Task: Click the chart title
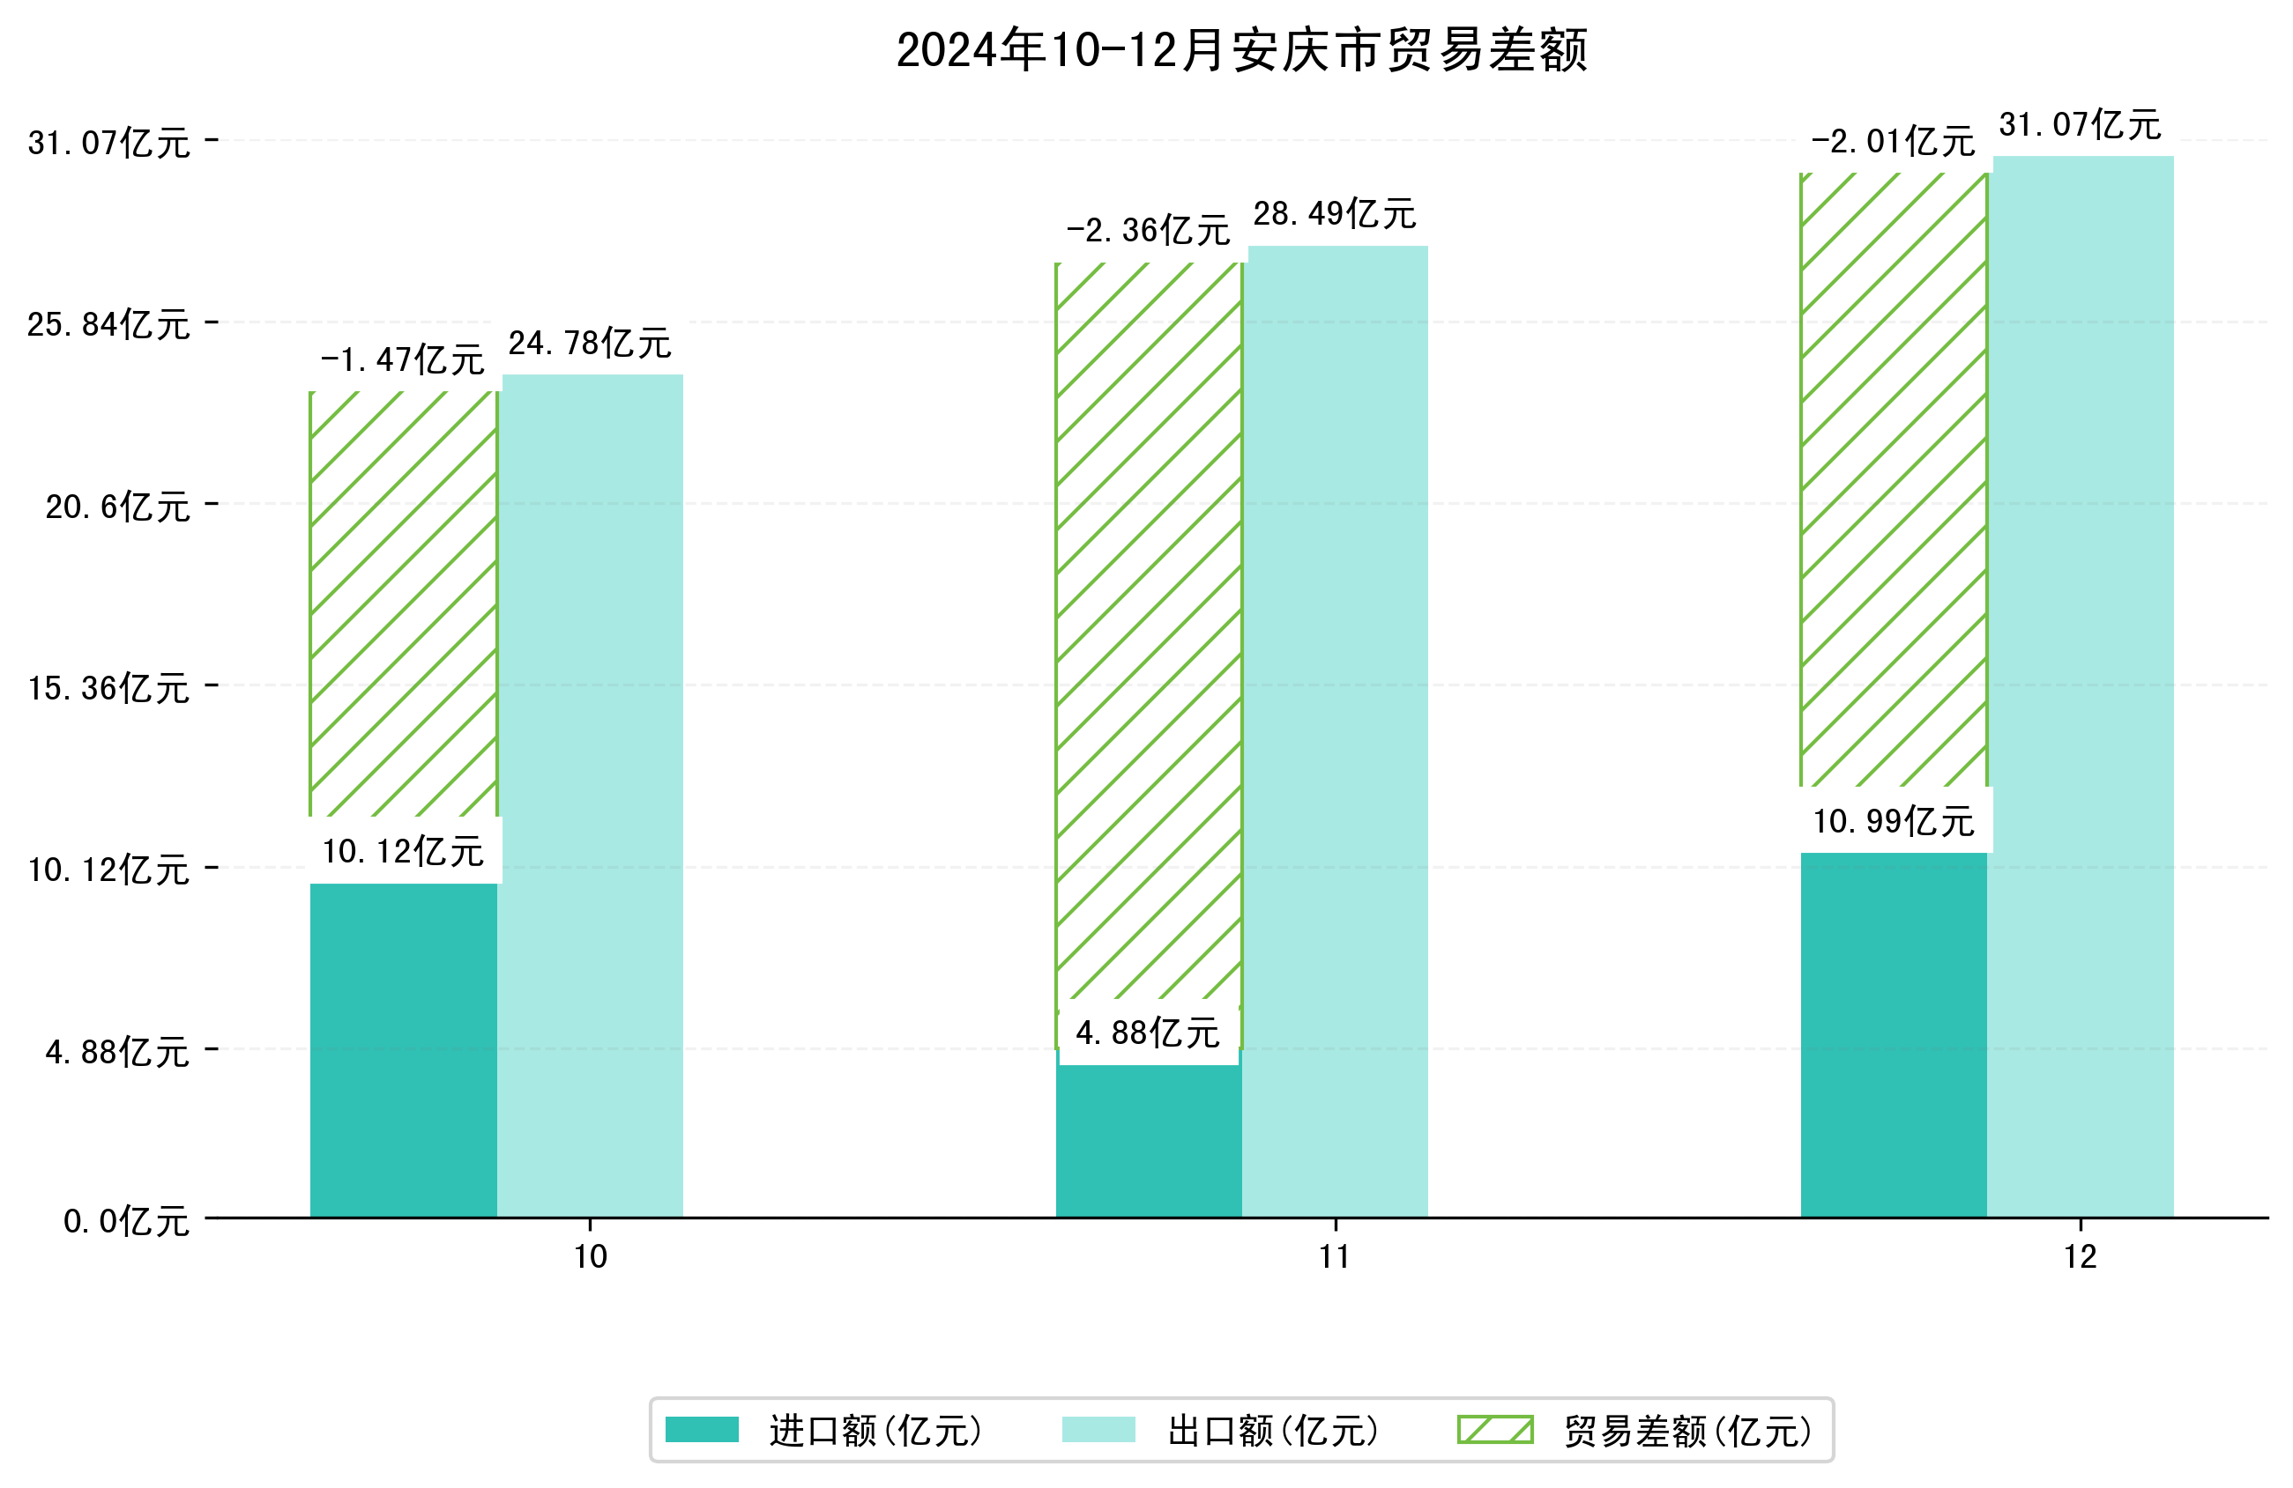(x=1241, y=50)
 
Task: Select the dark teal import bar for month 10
(x=403, y=1050)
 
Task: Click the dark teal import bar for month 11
(x=1148, y=1140)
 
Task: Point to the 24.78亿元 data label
(x=589, y=344)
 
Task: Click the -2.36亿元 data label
(x=1148, y=231)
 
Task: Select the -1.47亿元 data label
(x=402, y=360)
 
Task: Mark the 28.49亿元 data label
(x=1335, y=214)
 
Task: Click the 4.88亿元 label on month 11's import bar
(x=1148, y=1033)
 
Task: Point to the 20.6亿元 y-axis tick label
(x=117, y=507)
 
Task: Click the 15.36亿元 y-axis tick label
(x=108, y=689)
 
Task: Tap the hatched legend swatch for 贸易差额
(x=1494, y=1430)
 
